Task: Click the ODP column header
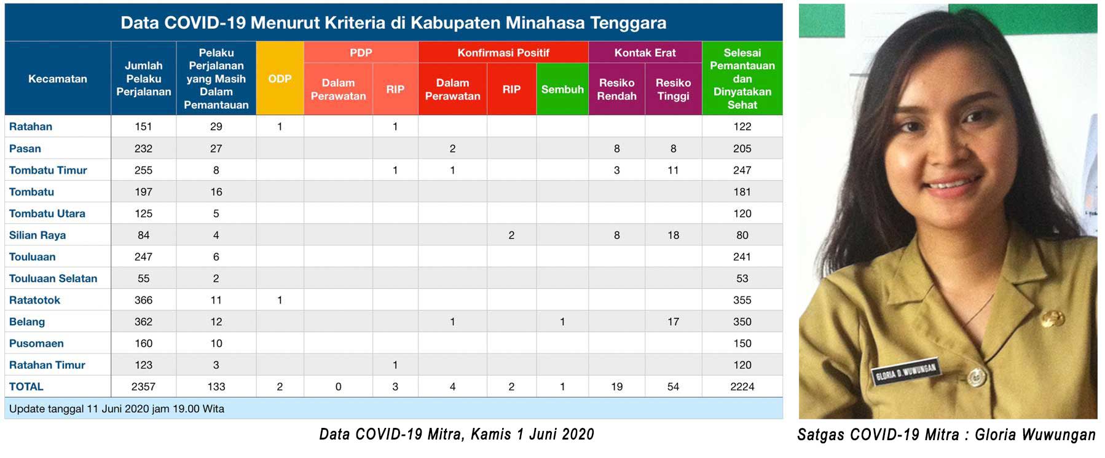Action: pos(280,79)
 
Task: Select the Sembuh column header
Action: pos(562,89)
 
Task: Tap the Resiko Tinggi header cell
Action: pos(673,89)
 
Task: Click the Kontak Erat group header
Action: pos(645,53)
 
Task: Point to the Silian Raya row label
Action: pos(37,235)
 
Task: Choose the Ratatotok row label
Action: pos(35,300)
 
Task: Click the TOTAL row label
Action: pos(26,387)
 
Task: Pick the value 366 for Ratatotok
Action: pos(143,300)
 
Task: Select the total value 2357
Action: pos(143,387)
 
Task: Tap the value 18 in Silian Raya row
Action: pos(673,235)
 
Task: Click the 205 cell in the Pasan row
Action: pos(742,148)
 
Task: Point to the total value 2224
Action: pos(742,387)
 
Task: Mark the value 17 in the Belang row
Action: pos(673,322)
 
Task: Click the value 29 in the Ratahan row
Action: pos(216,127)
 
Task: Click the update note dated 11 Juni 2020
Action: pos(117,409)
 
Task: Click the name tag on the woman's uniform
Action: pos(905,372)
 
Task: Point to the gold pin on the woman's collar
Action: pos(1052,318)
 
